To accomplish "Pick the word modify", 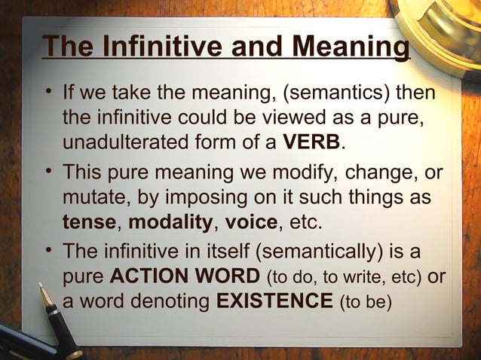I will pos(305,174).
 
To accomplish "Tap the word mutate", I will pos(90,198).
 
